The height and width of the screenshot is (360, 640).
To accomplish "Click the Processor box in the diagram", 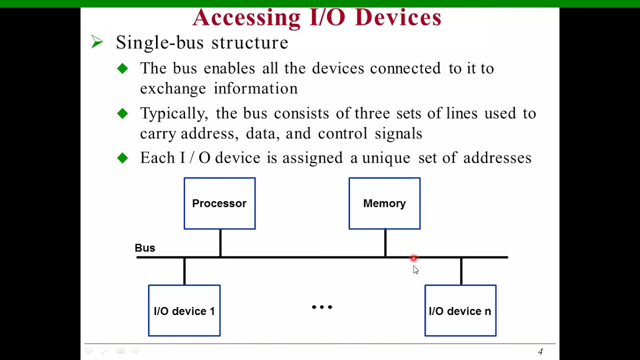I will [219, 203].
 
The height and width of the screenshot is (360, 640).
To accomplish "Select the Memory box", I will [384, 203].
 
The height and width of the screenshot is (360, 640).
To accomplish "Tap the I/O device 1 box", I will [184, 310].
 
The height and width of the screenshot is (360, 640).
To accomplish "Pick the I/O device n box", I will [460, 310].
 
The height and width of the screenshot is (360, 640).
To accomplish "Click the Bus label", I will [145, 248].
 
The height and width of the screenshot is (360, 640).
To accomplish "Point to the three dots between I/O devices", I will [322, 307].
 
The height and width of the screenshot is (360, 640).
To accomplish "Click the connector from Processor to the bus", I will [220, 243].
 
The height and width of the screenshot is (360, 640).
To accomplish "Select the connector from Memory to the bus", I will [385, 243].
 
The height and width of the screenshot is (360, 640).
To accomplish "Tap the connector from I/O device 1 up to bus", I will [184, 271].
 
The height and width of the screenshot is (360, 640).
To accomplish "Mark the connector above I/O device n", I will [461, 271].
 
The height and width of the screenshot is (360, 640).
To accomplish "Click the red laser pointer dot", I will [413, 258].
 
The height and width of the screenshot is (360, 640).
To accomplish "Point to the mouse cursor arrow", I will [415, 270].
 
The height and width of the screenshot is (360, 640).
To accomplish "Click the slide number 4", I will [540, 352].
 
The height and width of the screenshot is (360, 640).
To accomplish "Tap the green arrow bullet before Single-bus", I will [97, 42].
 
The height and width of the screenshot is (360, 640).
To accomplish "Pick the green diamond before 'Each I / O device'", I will [122, 158].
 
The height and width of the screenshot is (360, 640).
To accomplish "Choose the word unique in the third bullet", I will [386, 158].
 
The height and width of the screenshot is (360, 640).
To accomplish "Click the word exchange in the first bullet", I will [173, 89].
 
